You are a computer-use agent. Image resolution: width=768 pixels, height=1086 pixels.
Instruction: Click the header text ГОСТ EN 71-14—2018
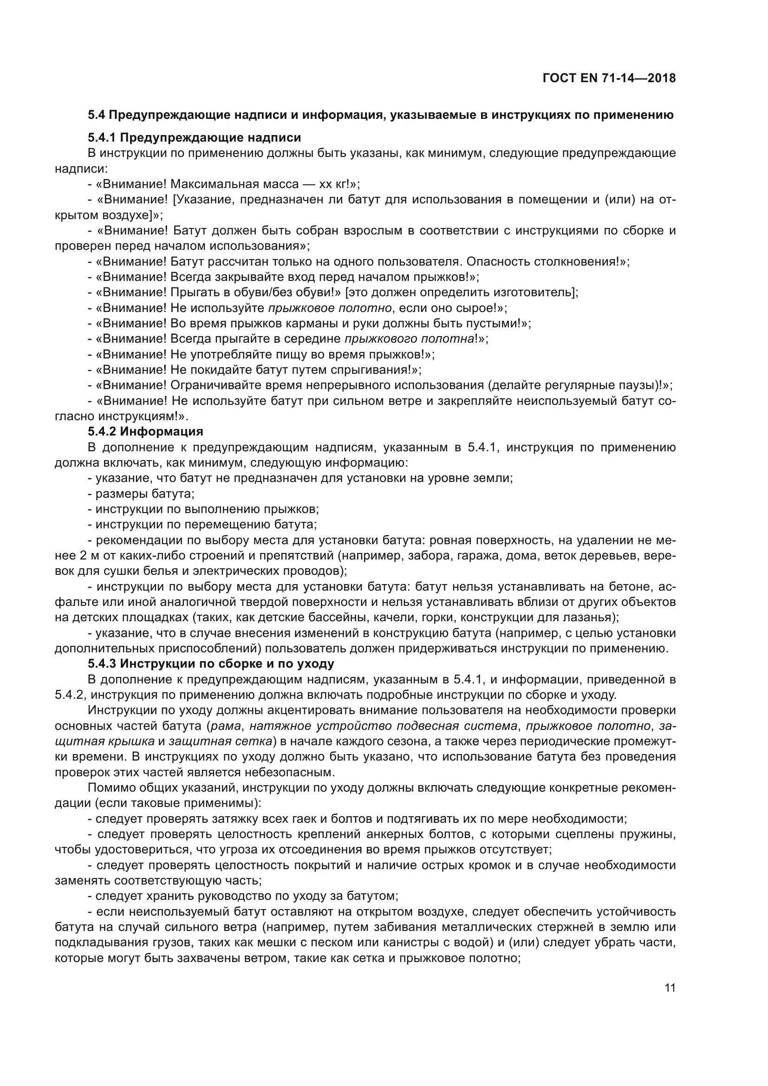pyautogui.click(x=609, y=78)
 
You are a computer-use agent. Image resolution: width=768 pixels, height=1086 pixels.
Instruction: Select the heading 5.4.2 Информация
pyautogui.click(x=145, y=431)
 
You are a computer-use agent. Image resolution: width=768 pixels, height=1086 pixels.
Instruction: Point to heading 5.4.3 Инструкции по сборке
pyautogui.click(x=211, y=663)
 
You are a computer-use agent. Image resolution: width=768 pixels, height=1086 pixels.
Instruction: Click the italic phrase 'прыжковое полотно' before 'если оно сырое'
pyautogui.click(x=330, y=308)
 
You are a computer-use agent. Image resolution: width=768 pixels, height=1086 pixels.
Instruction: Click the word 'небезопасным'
pyautogui.click(x=289, y=773)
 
